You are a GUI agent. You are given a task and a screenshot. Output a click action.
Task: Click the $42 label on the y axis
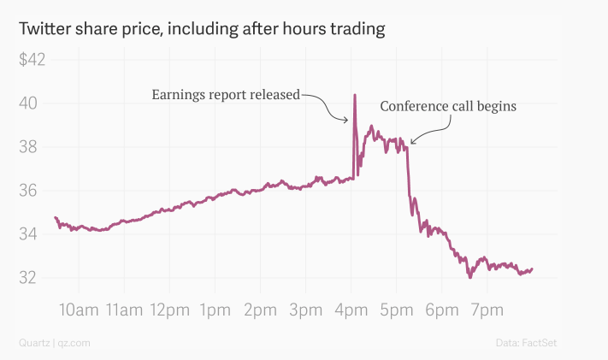[x=32, y=60]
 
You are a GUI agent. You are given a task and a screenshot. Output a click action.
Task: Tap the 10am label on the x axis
[x=79, y=310]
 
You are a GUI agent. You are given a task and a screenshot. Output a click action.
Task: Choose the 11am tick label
[x=124, y=310]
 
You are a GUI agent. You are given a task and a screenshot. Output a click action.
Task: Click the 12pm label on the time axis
[x=169, y=310]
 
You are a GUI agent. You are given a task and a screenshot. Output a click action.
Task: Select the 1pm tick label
[x=215, y=310]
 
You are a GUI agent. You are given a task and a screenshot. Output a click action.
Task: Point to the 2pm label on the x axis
[x=260, y=310]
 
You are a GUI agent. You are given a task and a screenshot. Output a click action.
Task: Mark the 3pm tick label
[x=305, y=310]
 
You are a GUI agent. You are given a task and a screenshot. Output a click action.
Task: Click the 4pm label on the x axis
[x=351, y=310]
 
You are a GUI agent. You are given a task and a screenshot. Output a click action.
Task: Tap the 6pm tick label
[x=441, y=310]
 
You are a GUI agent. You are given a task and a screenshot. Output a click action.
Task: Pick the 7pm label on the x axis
[x=487, y=310]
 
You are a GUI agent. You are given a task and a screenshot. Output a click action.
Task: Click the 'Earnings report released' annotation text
[x=226, y=94]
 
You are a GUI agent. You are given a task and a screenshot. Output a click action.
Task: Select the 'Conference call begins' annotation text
[x=448, y=107]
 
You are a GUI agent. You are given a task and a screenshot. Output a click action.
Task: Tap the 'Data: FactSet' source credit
[x=528, y=343]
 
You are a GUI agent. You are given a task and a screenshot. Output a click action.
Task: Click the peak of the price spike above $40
[x=354, y=94]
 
